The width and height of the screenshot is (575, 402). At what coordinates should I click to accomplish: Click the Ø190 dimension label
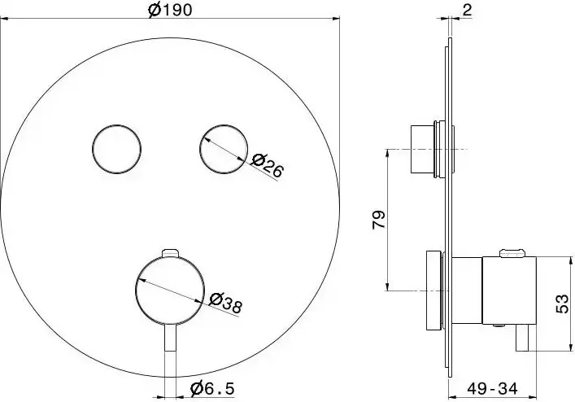[x=170, y=9]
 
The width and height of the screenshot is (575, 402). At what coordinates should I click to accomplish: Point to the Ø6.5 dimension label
[x=212, y=388]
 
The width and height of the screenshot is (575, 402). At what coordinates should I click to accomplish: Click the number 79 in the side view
[x=379, y=220]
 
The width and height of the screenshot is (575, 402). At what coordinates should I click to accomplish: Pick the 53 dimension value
[x=563, y=304]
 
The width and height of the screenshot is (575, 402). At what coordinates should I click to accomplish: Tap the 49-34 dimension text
[x=493, y=388]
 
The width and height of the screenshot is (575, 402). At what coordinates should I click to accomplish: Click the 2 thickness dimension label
[x=467, y=10]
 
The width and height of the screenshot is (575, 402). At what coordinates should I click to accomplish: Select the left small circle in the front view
[x=116, y=149]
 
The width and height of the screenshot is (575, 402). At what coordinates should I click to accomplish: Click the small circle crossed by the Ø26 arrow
[x=224, y=149]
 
